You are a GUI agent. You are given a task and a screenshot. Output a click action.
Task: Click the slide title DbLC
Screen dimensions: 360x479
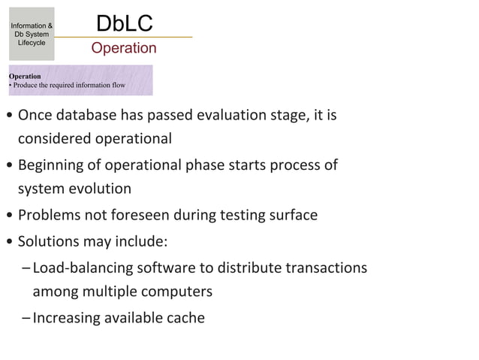coord(124,23)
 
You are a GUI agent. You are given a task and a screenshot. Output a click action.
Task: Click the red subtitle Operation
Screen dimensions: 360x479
coord(124,49)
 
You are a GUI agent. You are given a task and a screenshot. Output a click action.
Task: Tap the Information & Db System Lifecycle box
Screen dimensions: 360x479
coord(31,35)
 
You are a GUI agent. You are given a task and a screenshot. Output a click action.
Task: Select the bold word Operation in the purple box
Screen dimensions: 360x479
coord(25,76)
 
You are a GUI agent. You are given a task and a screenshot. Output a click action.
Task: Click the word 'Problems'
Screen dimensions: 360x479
coord(49,216)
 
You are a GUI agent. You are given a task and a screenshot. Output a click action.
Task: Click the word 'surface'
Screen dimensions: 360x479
coord(291,216)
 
